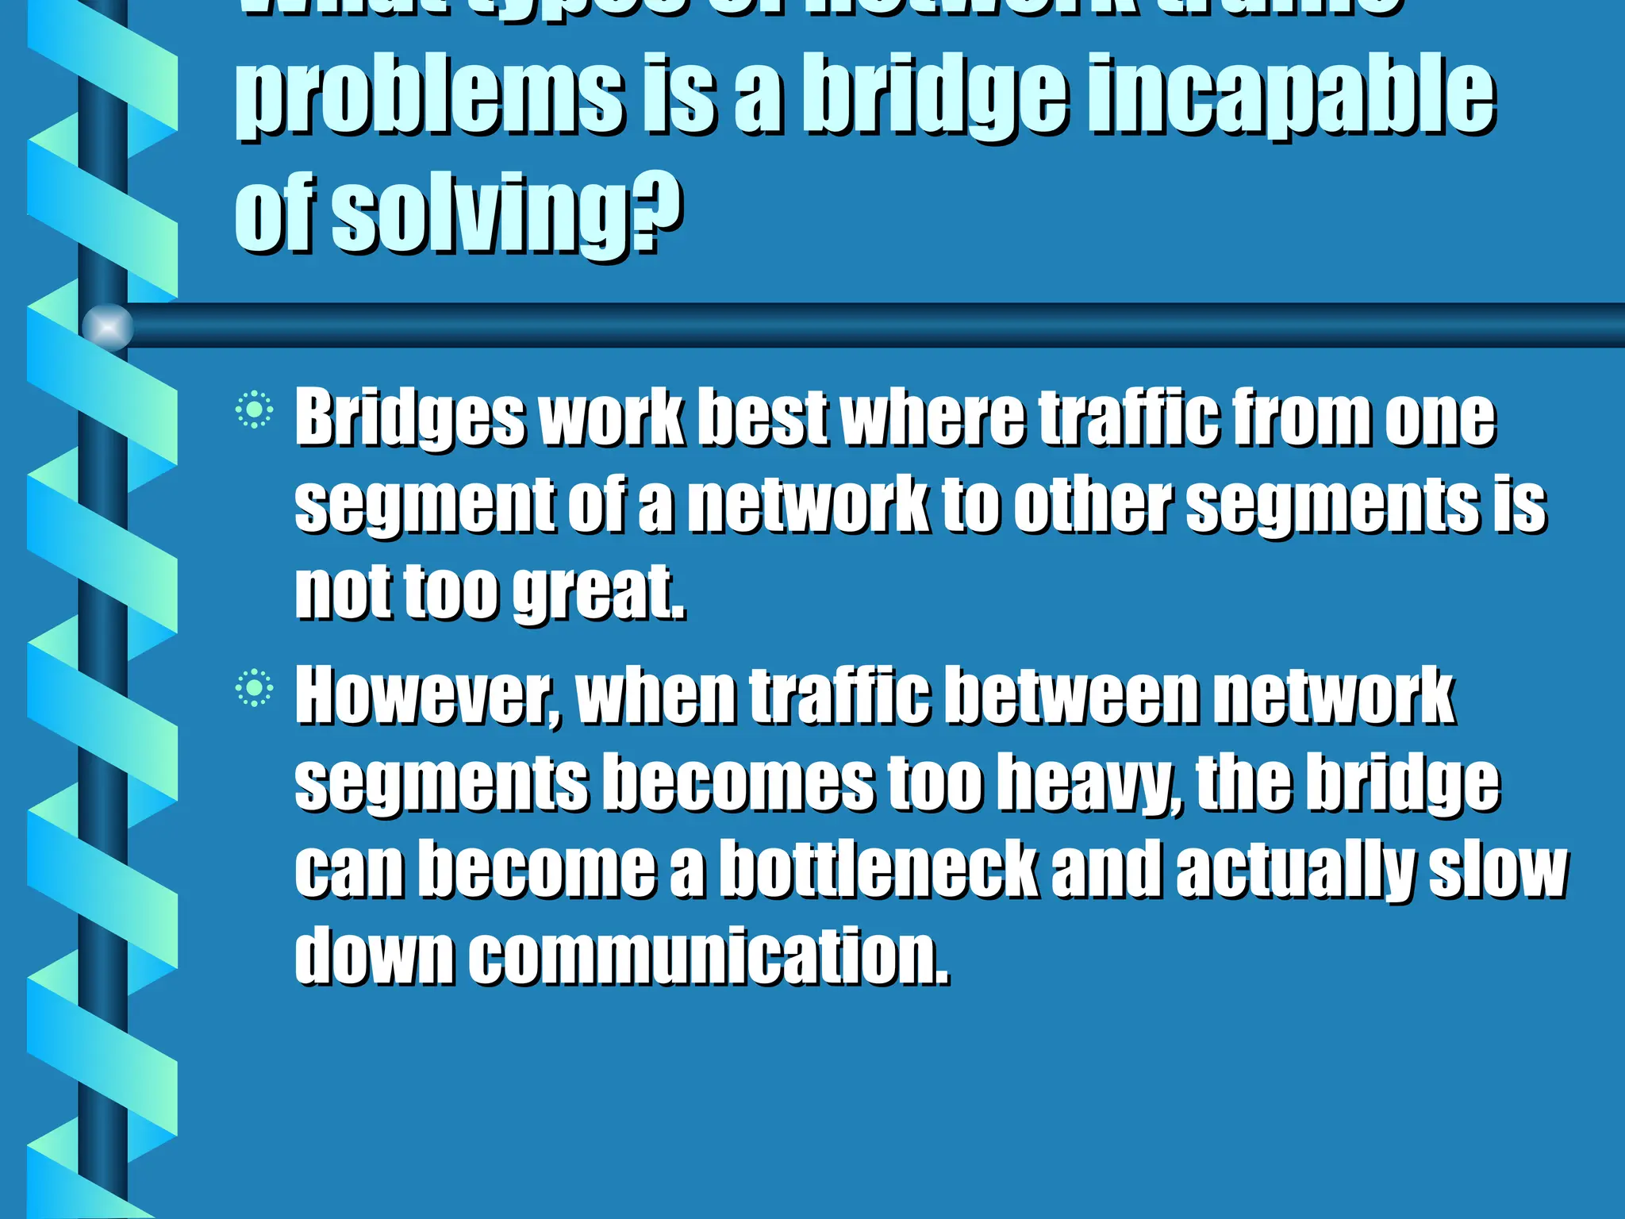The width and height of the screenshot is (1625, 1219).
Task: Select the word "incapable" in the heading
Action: (1291, 99)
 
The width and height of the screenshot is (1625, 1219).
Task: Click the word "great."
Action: (599, 591)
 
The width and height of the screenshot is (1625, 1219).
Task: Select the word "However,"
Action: (428, 697)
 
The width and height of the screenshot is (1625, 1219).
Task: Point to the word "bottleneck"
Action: (878, 871)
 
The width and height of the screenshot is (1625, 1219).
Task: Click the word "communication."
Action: (708, 956)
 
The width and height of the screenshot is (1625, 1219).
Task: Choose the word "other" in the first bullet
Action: (1093, 505)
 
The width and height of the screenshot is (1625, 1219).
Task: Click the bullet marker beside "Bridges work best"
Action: (254, 410)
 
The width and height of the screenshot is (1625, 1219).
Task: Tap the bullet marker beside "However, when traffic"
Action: (254, 688)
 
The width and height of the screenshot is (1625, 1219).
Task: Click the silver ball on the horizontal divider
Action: (108, 326)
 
